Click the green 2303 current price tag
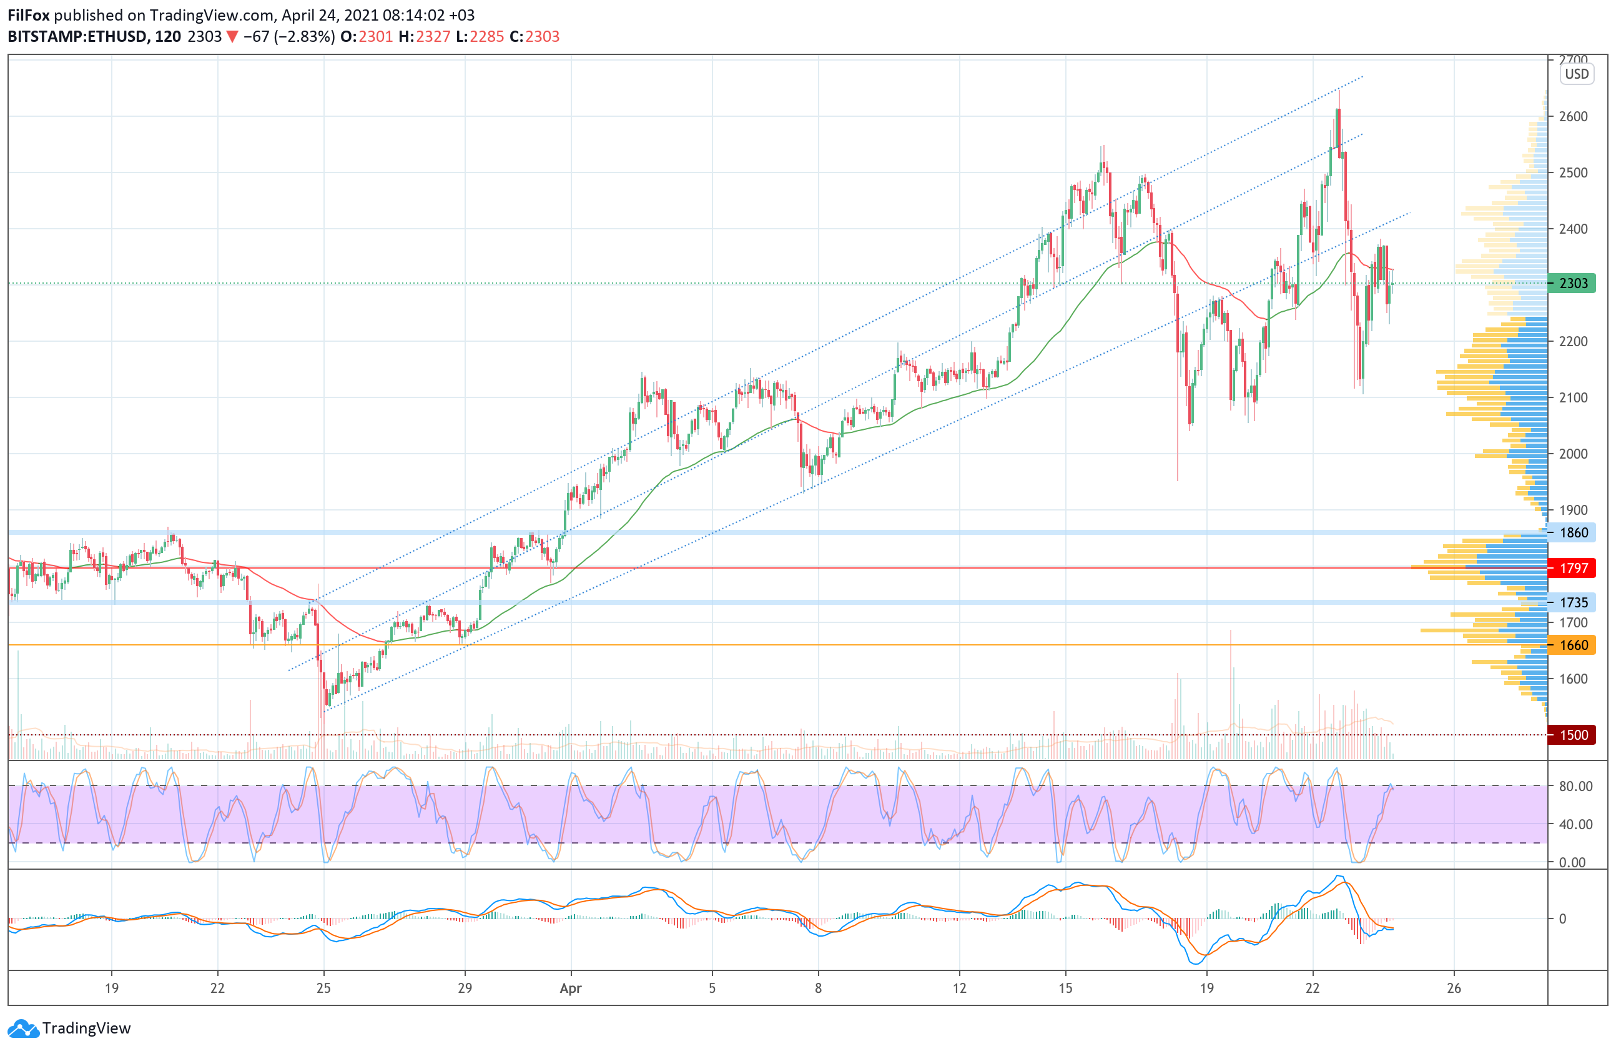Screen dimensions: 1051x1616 [1572, 283]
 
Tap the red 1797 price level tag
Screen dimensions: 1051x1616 [1572, 568]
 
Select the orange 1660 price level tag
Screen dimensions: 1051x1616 [1572, 645]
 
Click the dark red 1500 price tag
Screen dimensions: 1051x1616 [1572, 734]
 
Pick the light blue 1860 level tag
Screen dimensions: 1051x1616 [1572, 532]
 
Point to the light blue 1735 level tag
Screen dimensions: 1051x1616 [1572, 602]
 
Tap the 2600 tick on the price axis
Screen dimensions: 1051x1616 [1573, 116]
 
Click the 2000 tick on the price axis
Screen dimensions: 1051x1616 [1573, 454]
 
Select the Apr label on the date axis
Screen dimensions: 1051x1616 [570, 988]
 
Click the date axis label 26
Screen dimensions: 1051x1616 [1454, 988]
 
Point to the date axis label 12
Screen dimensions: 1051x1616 [958, 988]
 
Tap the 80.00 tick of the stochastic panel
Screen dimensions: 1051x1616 [1575, 786]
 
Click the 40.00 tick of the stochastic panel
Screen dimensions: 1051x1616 [1575, 824]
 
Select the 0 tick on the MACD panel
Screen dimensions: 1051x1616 [1562, 919]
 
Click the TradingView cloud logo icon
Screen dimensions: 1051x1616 [24, 1028]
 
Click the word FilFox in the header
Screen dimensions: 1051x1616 [29, 15]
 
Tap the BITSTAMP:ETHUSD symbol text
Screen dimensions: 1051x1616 [77, 37]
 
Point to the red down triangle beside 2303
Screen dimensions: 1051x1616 [232, 37]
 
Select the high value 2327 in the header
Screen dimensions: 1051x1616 [433, 37]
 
